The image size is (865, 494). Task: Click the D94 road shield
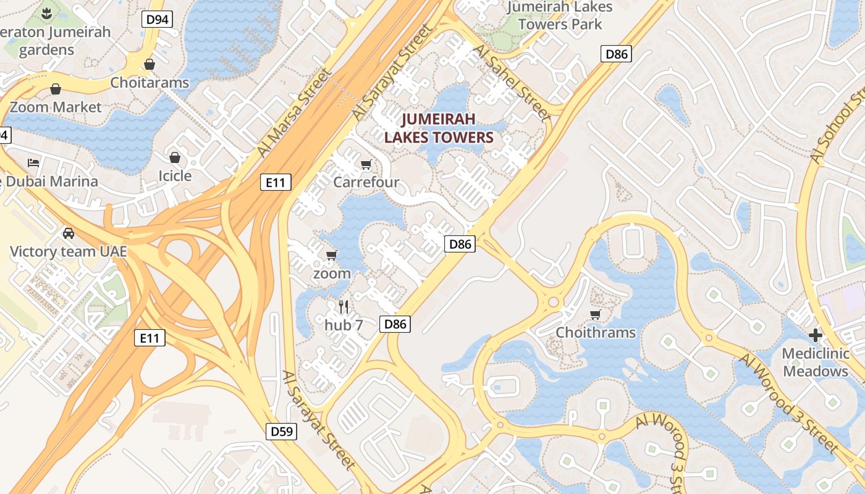pyautogui.click(x=157, y=19)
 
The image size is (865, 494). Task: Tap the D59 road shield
pyautogui.click(x=282, y=431)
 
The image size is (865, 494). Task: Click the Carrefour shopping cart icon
pyautogui.click(x=366, y=164)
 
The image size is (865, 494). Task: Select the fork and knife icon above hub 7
pyautogui.click(x=344, y=306)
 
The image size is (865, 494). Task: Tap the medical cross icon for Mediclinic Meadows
pyautogui.click(x=816, y=335)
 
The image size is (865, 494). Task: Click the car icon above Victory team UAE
pyautogui.click(x=69, y=233)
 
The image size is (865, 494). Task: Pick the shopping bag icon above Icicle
pyautogui.click(x=175, y=157)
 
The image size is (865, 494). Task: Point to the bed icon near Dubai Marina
pyautogui.click(x=33, y=163)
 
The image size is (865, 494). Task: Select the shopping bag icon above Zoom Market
pyautogui.click(x=56, y=89)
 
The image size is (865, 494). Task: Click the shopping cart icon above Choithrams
pyautogui.click(x=596, y=315)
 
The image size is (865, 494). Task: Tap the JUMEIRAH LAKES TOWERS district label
pyautogui.click(x=439, y=128)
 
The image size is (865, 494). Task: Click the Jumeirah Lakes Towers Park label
pyautogui.click(x=560, y=16)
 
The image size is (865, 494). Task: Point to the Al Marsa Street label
pyautogui.click(x=293, y=113)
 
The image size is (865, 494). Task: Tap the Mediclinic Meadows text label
pyautogui.click(x=816, y=362)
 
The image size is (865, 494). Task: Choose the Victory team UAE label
pyautogui.click(x=69, y=251)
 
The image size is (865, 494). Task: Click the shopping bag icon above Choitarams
pyautogui.click(x=149, y=64)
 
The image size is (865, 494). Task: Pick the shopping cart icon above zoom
pyautogui.click(x=332, y=255)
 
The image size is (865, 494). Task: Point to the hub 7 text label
pyautogui.click(x=344, y=324)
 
